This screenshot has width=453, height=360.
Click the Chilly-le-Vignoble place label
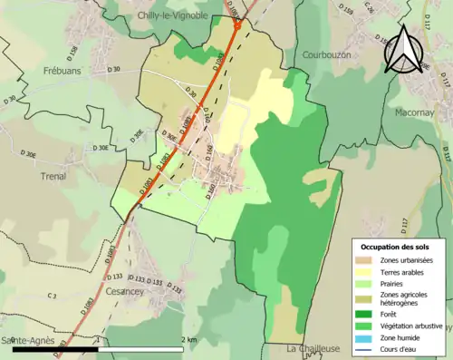tap(173, 15)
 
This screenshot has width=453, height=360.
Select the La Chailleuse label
tap(313, 348)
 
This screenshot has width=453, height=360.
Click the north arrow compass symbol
tap(403, 50)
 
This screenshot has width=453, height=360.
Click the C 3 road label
tap(52, 297)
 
